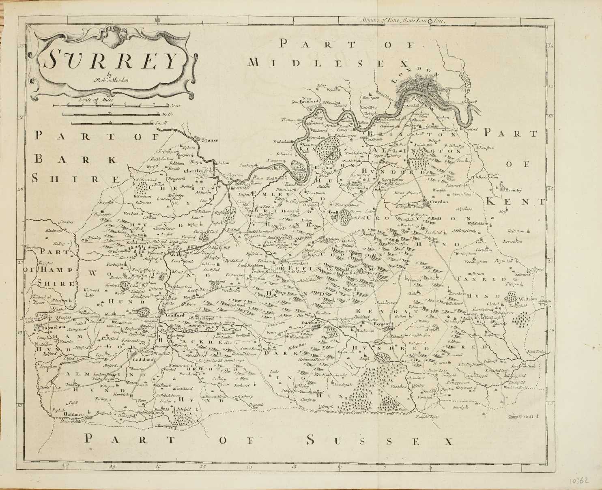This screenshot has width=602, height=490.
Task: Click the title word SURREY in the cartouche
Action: tap(110, 60)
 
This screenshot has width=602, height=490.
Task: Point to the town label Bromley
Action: tap(513, 190)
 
